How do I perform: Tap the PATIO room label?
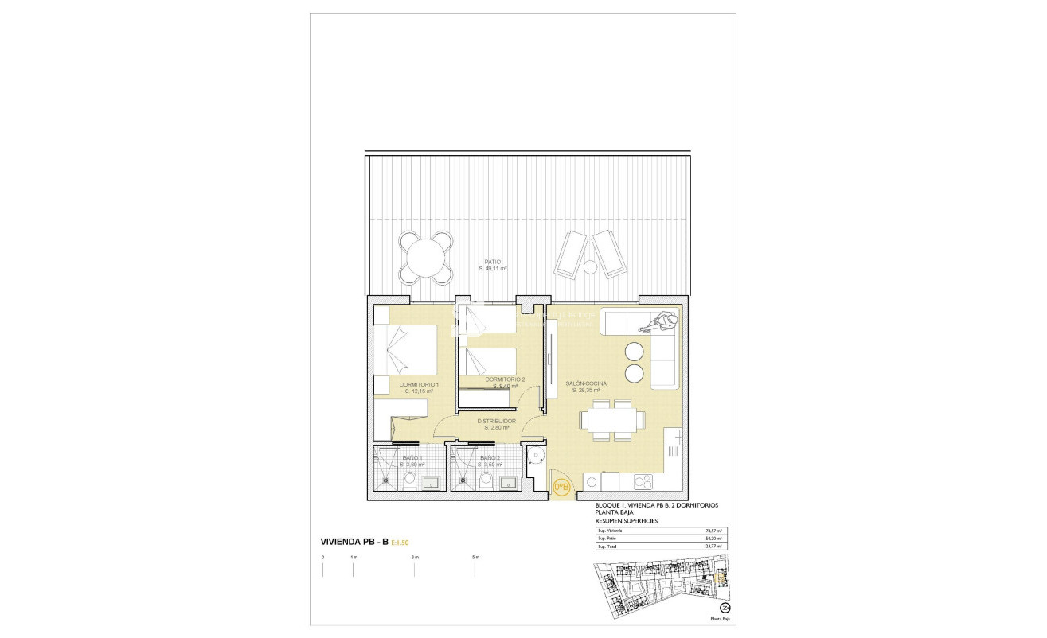(x=493, y=262)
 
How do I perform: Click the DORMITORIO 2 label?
(x=505, y=379)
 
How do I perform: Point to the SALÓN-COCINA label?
(x=586, y=383)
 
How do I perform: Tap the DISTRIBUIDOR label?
(x=496, y=421)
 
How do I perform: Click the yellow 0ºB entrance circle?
(x=561, y=486)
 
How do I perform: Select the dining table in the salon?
(x=612, y=418)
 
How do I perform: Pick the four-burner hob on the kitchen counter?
(x=642, y=482)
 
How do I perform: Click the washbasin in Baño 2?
(x=510, y=482)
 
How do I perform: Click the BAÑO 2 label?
(x=490, y=459)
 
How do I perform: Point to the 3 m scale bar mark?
(x=415, y=557)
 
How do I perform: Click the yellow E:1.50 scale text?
(x=403, y=543)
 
